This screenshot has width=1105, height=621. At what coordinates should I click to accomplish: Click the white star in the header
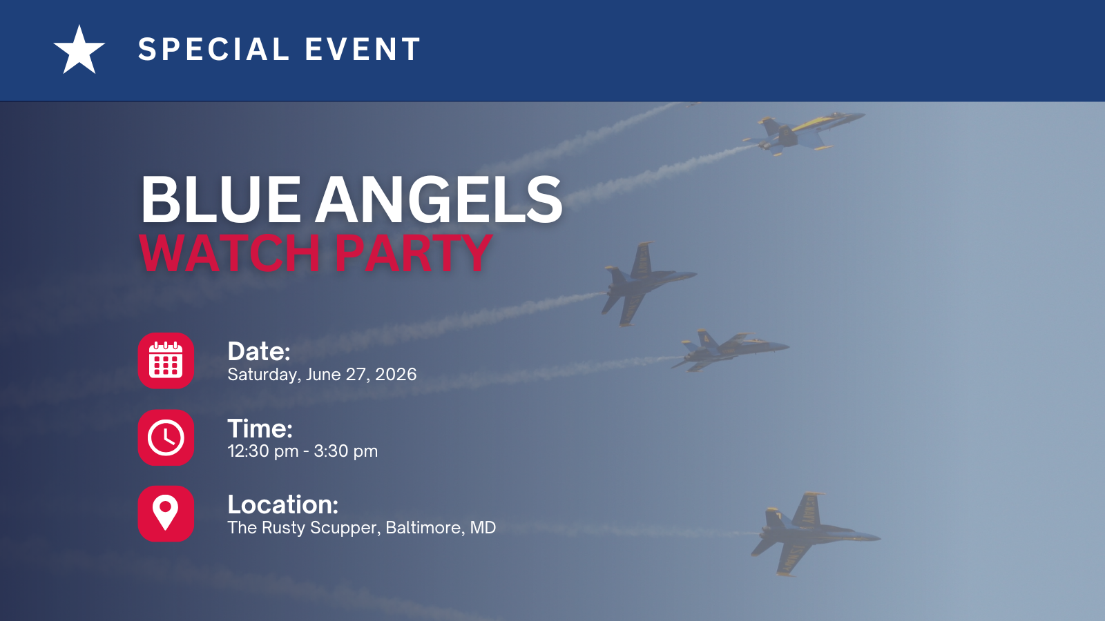click(79, 50)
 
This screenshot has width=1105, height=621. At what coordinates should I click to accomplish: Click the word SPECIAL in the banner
click(213, 49)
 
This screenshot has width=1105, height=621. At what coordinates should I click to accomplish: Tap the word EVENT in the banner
click(363, 49)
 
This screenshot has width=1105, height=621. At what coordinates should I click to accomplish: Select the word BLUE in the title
click(220, 199)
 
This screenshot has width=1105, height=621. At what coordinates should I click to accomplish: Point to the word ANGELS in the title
click(439, 199)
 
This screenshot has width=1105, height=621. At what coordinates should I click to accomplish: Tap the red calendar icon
click(166, 361)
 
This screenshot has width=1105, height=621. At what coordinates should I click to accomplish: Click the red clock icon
click(166, 437)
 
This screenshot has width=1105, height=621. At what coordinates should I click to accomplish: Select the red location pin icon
click(166, 513)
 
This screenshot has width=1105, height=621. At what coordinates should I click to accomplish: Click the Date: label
click(259, 351)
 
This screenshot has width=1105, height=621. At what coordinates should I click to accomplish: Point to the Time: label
click(260, 428)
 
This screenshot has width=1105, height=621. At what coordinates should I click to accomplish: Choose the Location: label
click(283, 504)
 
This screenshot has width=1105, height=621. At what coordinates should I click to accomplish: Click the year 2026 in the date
click(396, 375)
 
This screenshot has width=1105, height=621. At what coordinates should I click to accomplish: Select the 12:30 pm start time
click(263, 451)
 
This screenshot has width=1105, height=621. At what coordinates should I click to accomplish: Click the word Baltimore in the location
click(425, 528)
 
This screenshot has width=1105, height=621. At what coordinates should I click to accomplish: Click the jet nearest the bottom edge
click(814, 534)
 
